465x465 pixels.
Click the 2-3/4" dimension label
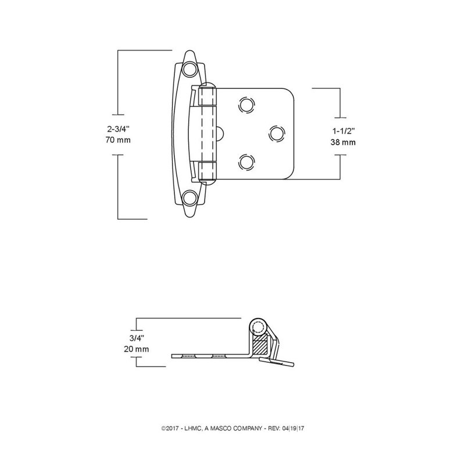(118, 128)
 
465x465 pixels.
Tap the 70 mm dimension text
(118, 139)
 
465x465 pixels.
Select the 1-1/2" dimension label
(343, 131)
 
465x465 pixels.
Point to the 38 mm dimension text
(343, 142)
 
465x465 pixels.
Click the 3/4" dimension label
(137, 338)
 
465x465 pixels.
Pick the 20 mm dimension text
(137, 349)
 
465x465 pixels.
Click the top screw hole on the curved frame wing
(190, 70)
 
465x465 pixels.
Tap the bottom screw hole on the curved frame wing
(190, 198)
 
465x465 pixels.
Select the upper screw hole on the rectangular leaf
(246, 105)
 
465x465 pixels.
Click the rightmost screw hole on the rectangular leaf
(277, 134)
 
